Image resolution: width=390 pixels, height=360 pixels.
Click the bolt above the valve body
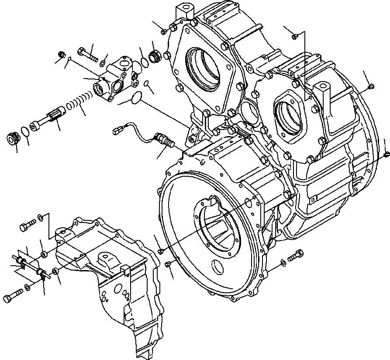87,54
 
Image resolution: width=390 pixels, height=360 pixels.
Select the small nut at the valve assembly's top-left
62,55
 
